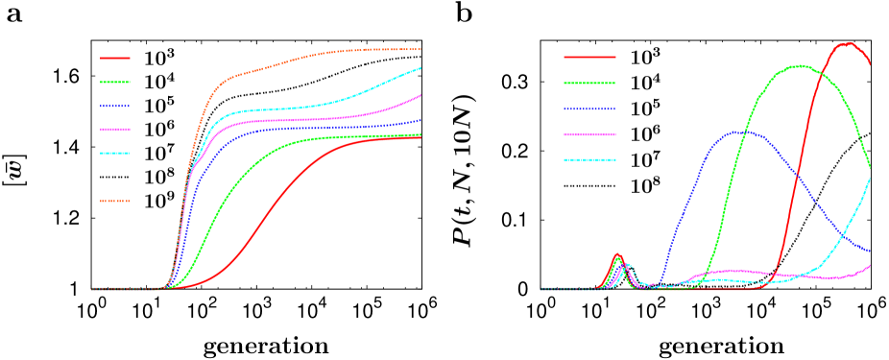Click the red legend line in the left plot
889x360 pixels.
[114, 58]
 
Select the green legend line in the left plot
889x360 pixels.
[114, 83]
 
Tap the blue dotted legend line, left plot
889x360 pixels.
[114, 107]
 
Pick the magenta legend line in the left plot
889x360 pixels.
[114, 130]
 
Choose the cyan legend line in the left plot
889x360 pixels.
[114, 154]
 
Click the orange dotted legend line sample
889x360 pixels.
[114, 202]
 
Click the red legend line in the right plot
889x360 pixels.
[589, 58]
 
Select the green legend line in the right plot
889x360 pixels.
[589, 84]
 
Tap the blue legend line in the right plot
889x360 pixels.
[589, 109]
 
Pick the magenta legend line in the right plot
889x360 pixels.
[589, 135]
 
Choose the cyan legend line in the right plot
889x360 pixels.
[589, 160]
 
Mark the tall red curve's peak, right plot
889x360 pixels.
[847, 43]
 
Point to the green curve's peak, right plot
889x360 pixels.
[798, 66]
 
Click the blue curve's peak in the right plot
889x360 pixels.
[734, 132]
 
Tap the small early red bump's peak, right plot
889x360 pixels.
[617, 254]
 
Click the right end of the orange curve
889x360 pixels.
[420, 49]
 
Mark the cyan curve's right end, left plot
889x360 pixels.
[420, 68]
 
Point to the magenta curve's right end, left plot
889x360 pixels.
[420, 95]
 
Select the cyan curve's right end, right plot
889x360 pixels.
[870, 179]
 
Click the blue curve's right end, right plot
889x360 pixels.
[870, 252]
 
